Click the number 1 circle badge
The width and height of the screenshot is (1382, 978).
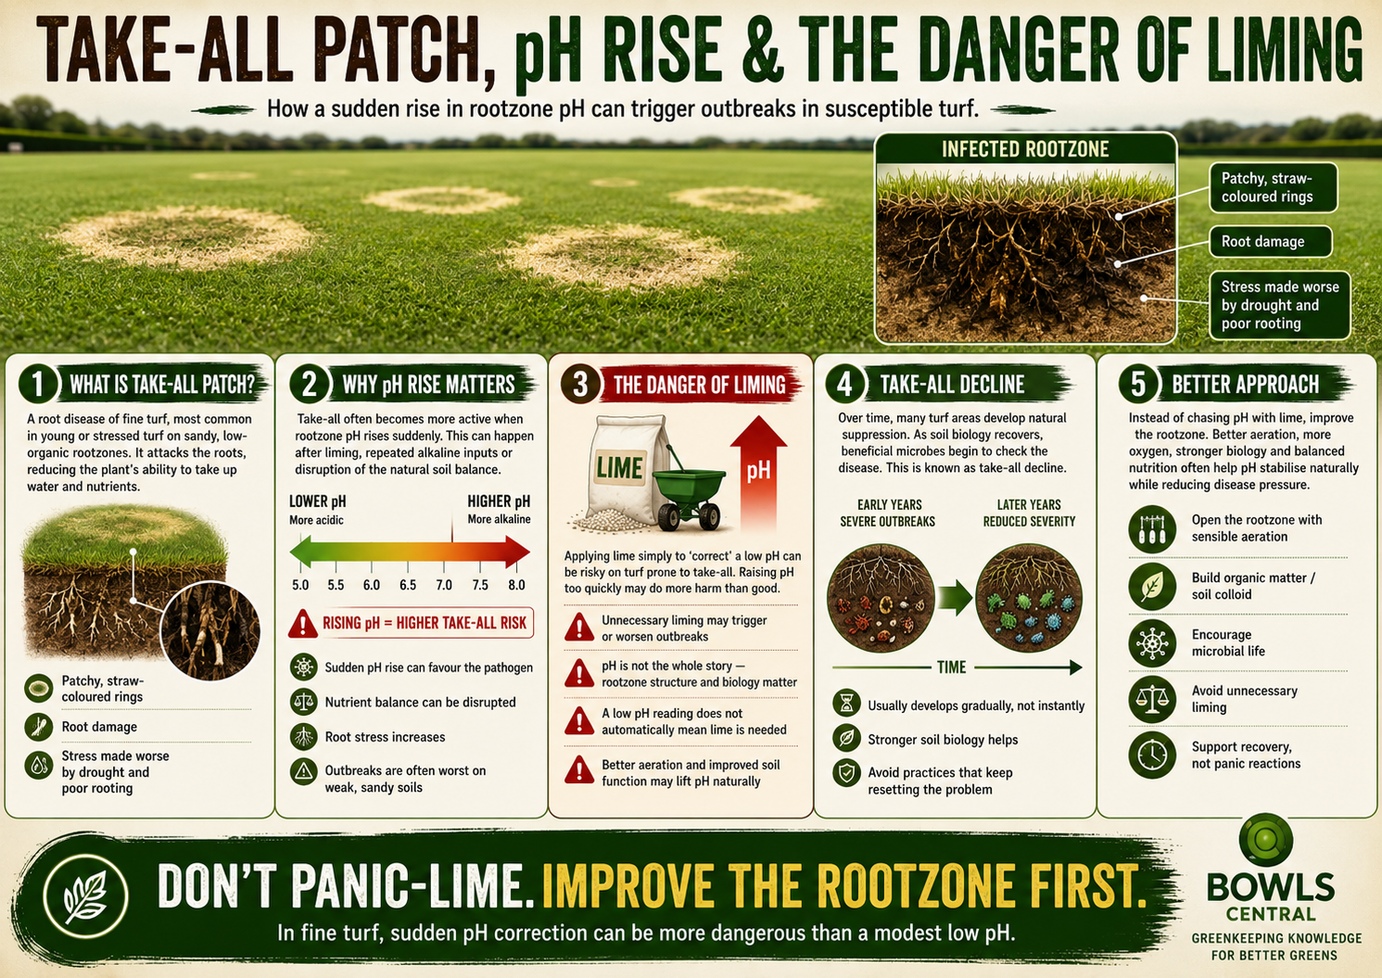(x=38, y=383)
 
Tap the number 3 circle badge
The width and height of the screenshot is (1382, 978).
(x=580, y=383)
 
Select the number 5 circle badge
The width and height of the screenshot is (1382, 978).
(x=1138, y=383)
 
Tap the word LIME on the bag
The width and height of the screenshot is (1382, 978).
(x=619, y=468)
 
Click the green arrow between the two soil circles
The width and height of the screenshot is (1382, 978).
(x=955, y=597)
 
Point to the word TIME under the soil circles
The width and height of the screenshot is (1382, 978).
(x=951, y=667)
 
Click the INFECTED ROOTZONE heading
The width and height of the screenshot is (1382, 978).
(x=1025, y=148)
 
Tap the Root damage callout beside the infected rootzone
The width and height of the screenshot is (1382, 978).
(x=1271, y=241)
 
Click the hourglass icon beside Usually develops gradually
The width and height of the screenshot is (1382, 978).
(x=846, y=703)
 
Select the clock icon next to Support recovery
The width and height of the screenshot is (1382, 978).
(x=1152, y=755)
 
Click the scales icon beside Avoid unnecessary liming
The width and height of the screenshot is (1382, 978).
(x=1152, y=699)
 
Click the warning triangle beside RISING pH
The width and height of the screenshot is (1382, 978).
(x=303, y=623)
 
